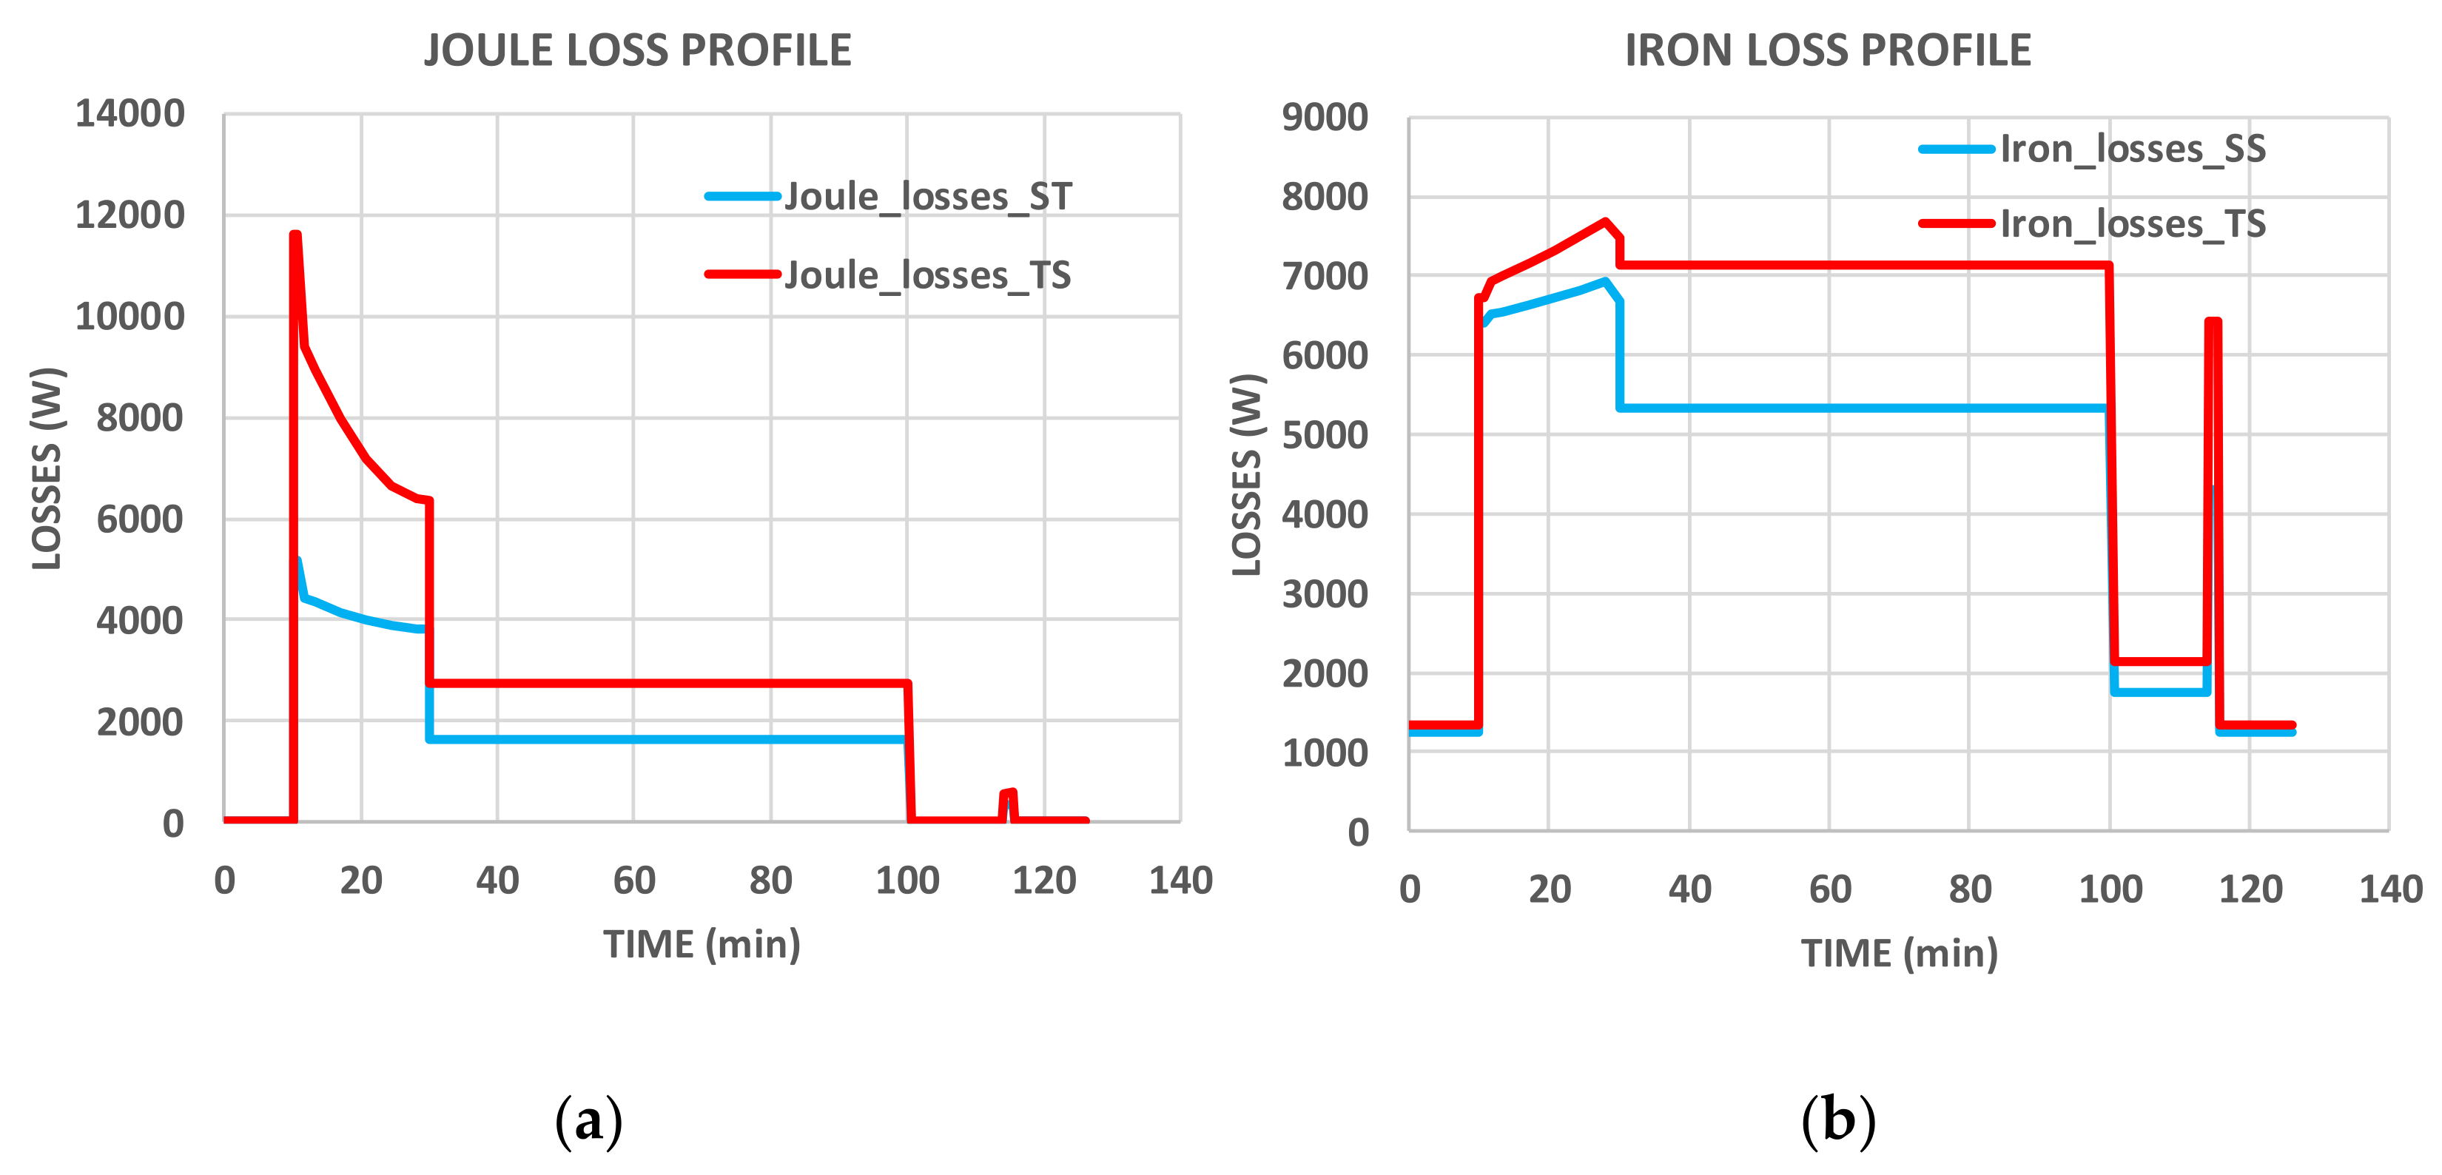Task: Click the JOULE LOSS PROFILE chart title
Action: coord(637,50)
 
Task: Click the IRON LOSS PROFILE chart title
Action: coord(1828,50)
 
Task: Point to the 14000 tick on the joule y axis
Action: coord(130,114)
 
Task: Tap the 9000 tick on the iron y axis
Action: coord(1325,118)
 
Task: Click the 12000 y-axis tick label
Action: coord(130,215)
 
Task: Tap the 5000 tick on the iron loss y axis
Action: coord(1325,435)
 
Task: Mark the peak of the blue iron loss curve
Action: coord(1604,281)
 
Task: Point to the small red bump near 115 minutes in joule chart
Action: coord(1009,793)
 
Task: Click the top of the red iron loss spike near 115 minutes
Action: coord(2213,321)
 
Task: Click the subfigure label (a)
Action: coord(589,1120)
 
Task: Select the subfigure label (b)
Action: coord(1838,1120)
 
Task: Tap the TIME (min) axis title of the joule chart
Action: coord(702,945)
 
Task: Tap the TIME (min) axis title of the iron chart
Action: coord(1899,953)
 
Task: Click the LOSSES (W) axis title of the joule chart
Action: coord(47,468)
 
